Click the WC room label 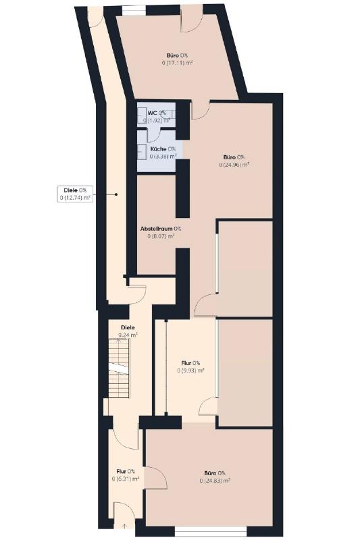pos(157,116)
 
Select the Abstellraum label pos(161,232)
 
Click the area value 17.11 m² pos(177,63)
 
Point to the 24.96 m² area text pos(234,165)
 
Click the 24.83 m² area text pos(215,481)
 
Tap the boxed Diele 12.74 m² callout pos(75,194)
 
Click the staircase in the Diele pos(119,368)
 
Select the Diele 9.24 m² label pos(128,331)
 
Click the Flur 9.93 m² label pos(190,367)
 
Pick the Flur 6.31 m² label pos(126,475)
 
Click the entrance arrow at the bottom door pos(124,526)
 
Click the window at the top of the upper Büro pos(134,11)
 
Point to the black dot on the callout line pos(116,194)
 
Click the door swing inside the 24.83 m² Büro pos(156,478)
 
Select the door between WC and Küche pos(154,134)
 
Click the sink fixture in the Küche pos(141,151)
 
